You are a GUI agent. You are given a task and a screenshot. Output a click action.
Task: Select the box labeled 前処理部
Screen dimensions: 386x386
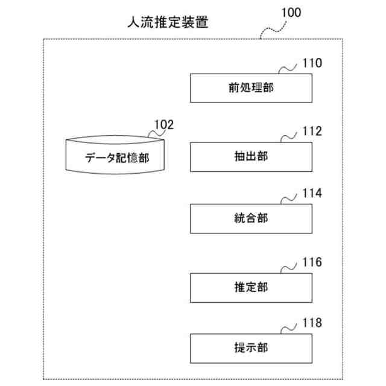(x=251, y=88)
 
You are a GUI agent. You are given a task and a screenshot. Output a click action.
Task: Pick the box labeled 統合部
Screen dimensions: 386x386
(x=251, y=219)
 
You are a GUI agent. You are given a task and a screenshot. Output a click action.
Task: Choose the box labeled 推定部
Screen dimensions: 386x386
(x=251, y=287)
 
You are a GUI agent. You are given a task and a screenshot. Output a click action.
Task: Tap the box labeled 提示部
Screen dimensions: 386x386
(x=251, y=347)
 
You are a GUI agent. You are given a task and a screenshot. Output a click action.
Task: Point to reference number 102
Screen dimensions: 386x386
(x=163, y=125)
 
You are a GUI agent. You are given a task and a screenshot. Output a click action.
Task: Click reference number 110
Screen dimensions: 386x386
(x=312, y=63)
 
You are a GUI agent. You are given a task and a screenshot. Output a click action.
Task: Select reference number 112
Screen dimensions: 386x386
(x=312, y=131)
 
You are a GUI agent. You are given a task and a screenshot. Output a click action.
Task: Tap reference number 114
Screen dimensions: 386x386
(x=312, y=194)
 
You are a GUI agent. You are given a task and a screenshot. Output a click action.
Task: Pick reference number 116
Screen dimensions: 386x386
(x=312, y=262)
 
